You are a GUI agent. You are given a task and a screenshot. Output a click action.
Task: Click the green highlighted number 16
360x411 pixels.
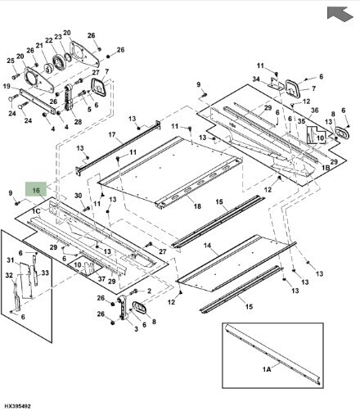36,189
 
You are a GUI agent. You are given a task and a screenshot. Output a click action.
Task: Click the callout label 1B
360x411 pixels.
325,167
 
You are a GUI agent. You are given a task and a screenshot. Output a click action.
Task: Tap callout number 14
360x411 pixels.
207,246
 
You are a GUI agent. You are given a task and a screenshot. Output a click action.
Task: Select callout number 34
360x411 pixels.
256,79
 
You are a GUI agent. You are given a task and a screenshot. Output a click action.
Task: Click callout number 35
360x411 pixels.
301,123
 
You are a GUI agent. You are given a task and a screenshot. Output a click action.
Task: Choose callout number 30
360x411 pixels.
77,196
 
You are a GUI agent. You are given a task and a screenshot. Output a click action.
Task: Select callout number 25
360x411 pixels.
11,61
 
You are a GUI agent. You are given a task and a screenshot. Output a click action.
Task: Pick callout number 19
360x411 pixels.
7,85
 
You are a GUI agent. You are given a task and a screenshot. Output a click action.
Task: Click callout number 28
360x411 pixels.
78,121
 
